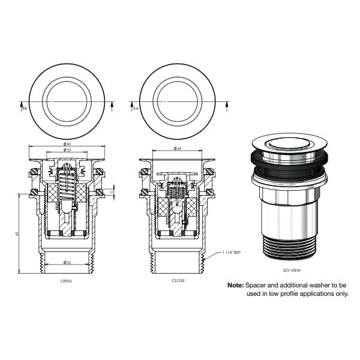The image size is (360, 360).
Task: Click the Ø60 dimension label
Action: pyautogui.click(x=67, y=144)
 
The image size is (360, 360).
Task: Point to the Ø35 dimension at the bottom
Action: pyautogui.click(x=67, y=263)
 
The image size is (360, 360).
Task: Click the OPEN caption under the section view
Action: pyautogui.click(x=67, y=280)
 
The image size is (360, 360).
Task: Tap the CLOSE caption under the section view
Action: pyautogui.click(x=178, y=280)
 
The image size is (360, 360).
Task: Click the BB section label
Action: pyautogui.click(x=25, y=109)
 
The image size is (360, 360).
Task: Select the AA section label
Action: pyautogui.click(x=136, y=109)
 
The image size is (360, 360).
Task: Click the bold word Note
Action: pyautogui.click(x=235, y=286)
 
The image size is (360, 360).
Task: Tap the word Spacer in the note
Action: pyautogui.click(x=257, y=286)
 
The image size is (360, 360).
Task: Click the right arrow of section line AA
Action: pyautogui.click(x=226, y=105)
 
